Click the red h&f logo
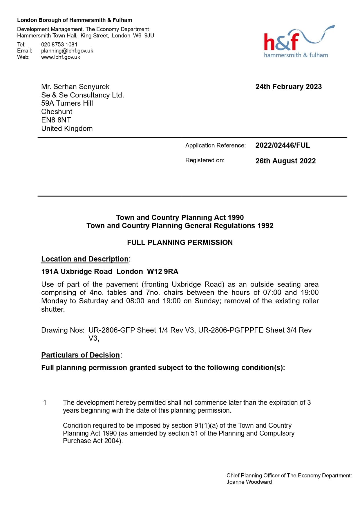pos(281,42)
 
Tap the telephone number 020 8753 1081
pos(59,44)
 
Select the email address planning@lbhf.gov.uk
pos(67,50)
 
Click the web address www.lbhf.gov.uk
pos(61,57)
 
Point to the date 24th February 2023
pos(288,86)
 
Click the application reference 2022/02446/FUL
pos(283,145)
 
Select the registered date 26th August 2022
pos(285,161)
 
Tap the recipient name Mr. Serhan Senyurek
pos(75,86)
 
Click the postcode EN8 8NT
pos(56,120)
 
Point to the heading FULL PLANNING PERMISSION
pos(180,242)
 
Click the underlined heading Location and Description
pos(85,259)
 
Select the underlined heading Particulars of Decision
pos(81,355)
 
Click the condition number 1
pos(45,402)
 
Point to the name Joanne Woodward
pos(249,482)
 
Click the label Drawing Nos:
pos(63,330)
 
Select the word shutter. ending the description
pos(53,309)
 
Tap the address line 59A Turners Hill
pos(67,103)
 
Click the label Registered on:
pos(205,160)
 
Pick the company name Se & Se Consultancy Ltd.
pos(82,95)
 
